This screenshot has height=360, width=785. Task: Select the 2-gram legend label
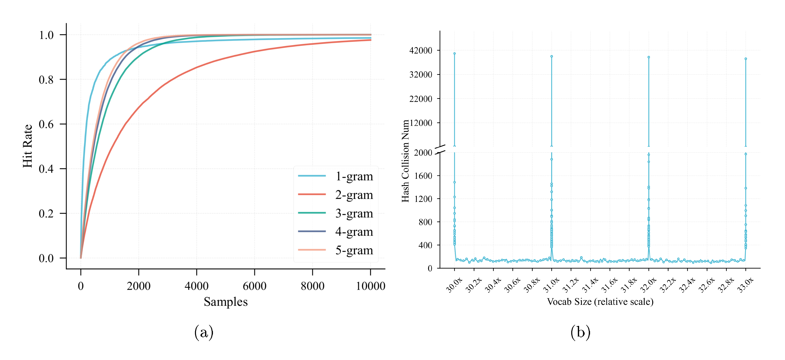pos(354,195)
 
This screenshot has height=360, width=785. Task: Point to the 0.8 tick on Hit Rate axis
pos(46,80)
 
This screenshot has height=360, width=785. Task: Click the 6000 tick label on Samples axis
pos(254,286)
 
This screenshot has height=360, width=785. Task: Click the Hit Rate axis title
pos(27,146)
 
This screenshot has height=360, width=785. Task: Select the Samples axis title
pos(226,302)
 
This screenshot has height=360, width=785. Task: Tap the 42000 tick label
pos(421,51)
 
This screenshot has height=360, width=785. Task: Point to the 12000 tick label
pos(421,123)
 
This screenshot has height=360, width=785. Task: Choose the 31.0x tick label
pos(551,285)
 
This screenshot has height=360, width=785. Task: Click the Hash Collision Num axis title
pos(405,161)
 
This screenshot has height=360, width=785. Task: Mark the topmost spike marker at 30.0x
pos(454,54)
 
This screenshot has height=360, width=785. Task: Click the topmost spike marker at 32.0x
pos(649,57)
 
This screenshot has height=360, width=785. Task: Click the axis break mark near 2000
pos(440,149)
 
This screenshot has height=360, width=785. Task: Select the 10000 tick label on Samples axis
pos(370,286)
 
